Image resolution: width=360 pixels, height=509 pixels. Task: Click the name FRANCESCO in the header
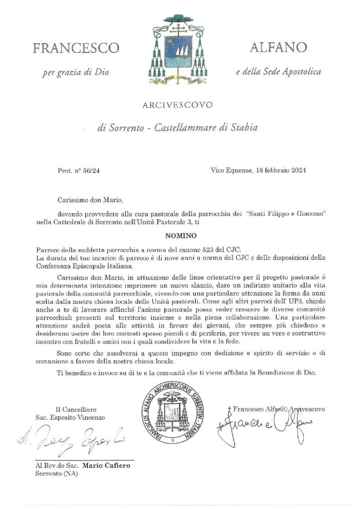[x=75, y=48]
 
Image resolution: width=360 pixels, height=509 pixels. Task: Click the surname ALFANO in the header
[x=278, y=47]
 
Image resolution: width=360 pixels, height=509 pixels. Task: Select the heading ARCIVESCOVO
[x=177, y=106]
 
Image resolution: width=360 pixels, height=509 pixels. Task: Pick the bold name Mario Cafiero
[x=112, y=465]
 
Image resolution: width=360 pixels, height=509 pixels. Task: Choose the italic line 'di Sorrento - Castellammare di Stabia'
[x=178, y=128]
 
